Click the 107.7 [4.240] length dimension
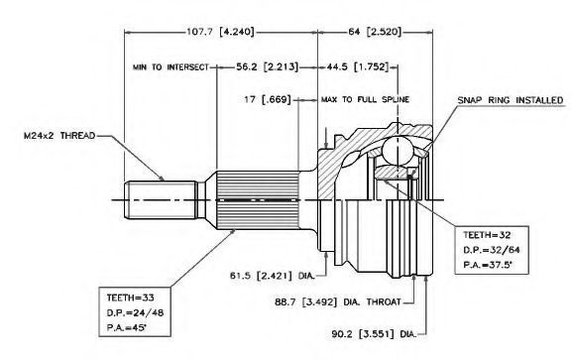pos(220,32)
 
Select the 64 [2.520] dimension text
pos(375,32)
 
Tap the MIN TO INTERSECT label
pos(171,67)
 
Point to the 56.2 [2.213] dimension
pos(267,66)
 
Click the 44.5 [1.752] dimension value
pos(358,66)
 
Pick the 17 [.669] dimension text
pos(268,99)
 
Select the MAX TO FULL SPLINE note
pos(365,99)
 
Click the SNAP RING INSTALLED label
pos(511,100)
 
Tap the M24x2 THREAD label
pos(59,136)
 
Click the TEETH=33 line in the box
pos(130,298)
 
